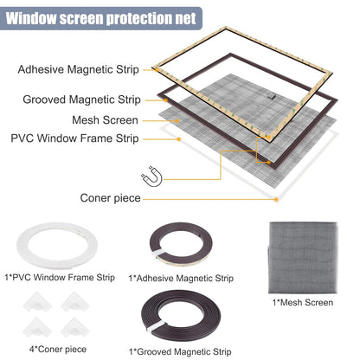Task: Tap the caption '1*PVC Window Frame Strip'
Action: click(x=59, y=276)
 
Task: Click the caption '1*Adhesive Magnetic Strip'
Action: click(x=181, y=279)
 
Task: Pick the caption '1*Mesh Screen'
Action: click(x=301, y=302)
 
